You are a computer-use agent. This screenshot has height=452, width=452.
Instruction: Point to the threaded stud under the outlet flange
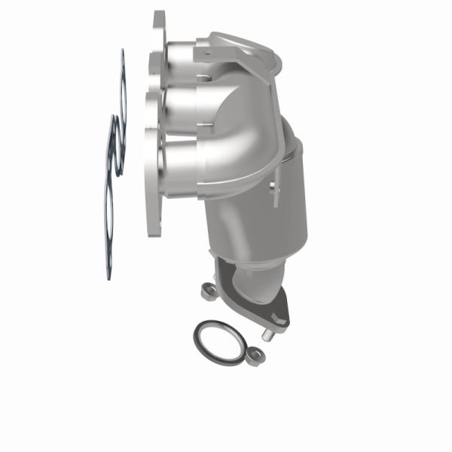(x=267, y=329)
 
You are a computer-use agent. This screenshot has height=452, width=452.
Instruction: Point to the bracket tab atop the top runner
(x=226, y=45)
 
